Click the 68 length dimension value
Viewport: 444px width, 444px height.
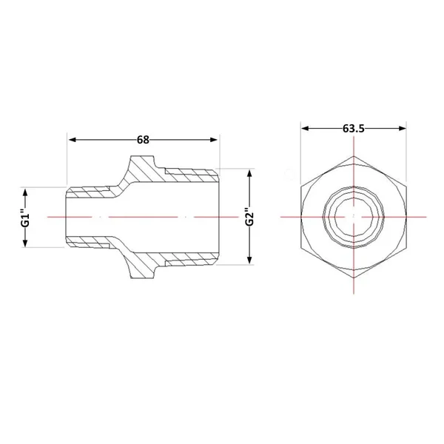143,140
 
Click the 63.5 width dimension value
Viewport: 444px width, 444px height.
354,129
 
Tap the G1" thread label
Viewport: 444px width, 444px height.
25,217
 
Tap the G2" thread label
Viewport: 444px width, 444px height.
249,217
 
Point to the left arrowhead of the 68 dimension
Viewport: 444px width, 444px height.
73,140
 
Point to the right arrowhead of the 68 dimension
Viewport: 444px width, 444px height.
214,140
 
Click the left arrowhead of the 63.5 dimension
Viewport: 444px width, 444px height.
305,129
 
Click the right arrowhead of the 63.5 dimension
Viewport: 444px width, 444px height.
403,129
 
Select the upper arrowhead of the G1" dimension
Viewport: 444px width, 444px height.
25,192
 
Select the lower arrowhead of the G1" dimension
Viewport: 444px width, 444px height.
25,243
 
